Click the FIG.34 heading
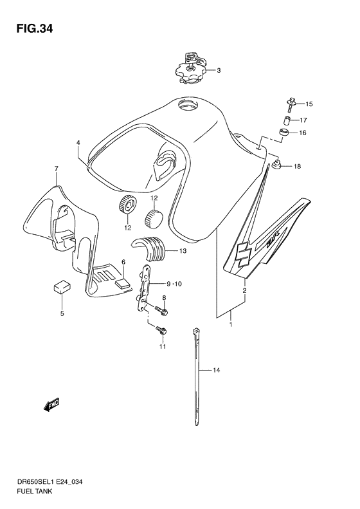click(34, 29)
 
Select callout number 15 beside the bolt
click(309, 104)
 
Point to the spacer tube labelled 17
click(286, 121)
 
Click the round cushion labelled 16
click(284, 133)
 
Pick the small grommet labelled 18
click(276, 165)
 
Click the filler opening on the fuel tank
click(188, 106)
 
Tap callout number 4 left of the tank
click(78, 142)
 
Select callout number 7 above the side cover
click(56, 169)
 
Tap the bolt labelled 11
click(161, 331)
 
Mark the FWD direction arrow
click(51, 405)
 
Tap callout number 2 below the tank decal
click(244, 290)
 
